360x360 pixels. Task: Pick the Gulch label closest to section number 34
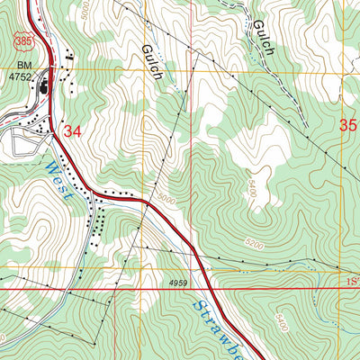tap(152, 62)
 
